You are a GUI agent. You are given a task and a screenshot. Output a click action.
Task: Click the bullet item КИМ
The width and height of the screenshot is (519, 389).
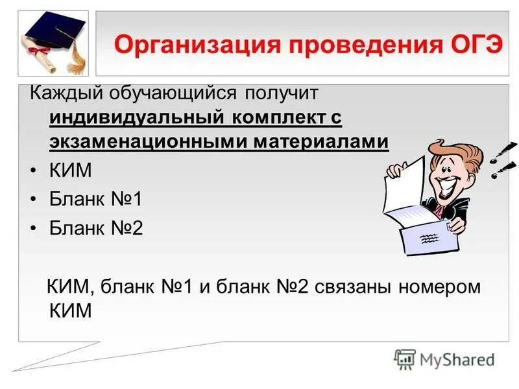pyautogui.click(x=71, y=171)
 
